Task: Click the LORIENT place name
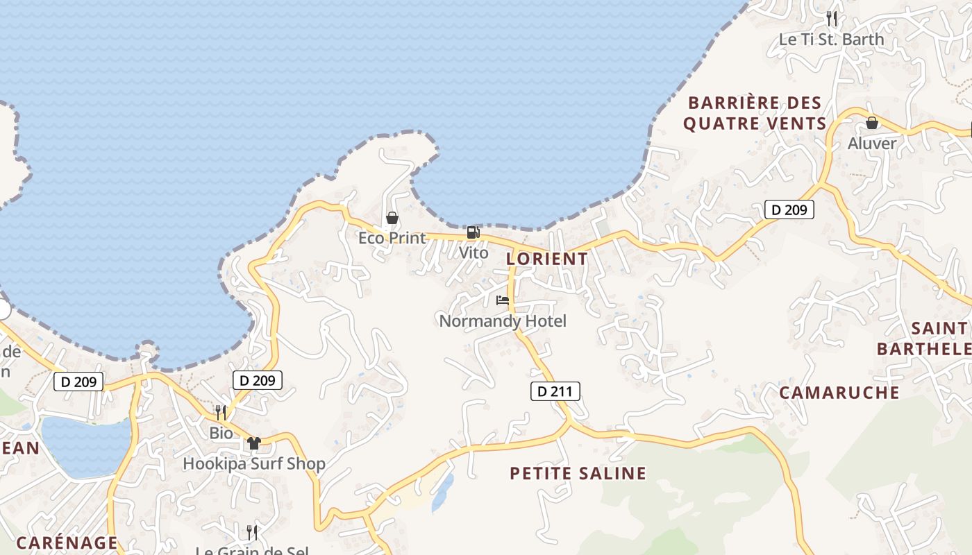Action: click(x=546, y=259)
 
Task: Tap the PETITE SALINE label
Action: click(x=578, y=474)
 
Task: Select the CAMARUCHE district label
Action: click(x=839, y=393)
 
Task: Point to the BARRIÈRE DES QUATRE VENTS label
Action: click(x=755, y=113)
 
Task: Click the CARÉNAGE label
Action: click(x=67, y=542)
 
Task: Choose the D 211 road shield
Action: click(x=555, y=391)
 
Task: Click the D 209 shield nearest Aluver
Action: click(x=789, y=210)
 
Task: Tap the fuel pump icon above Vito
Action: click(x=474, y=232)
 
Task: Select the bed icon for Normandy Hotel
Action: click(x=503, y=300)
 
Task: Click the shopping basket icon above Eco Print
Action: click(x=392, y=219)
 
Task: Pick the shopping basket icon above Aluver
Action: click(x=872, y=123)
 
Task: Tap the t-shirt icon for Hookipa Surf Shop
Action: click(x=253, y=443)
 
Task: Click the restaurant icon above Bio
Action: click(x=221, y=413)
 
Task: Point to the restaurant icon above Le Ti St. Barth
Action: click(x=832, y=19)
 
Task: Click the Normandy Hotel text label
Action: click(x=503, y=321)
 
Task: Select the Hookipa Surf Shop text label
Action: click(x=253, y=463)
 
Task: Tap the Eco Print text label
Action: click(x=392, y=238)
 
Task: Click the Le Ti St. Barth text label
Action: click(x=831, y=40)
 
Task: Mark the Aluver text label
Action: click(x=872, y=144)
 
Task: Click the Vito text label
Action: click(x=474, y=253)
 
